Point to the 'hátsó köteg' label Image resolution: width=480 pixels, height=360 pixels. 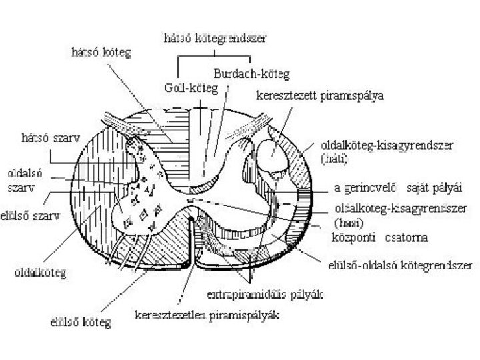tap(101, 51)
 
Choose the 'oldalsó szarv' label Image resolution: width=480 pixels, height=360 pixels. tap(24, 179)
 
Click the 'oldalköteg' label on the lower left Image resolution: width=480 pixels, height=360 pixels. tap(45, 273)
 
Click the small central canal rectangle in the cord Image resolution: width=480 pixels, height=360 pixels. tap(191, 199)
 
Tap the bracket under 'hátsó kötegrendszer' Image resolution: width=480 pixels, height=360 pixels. tap(214, 61)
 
